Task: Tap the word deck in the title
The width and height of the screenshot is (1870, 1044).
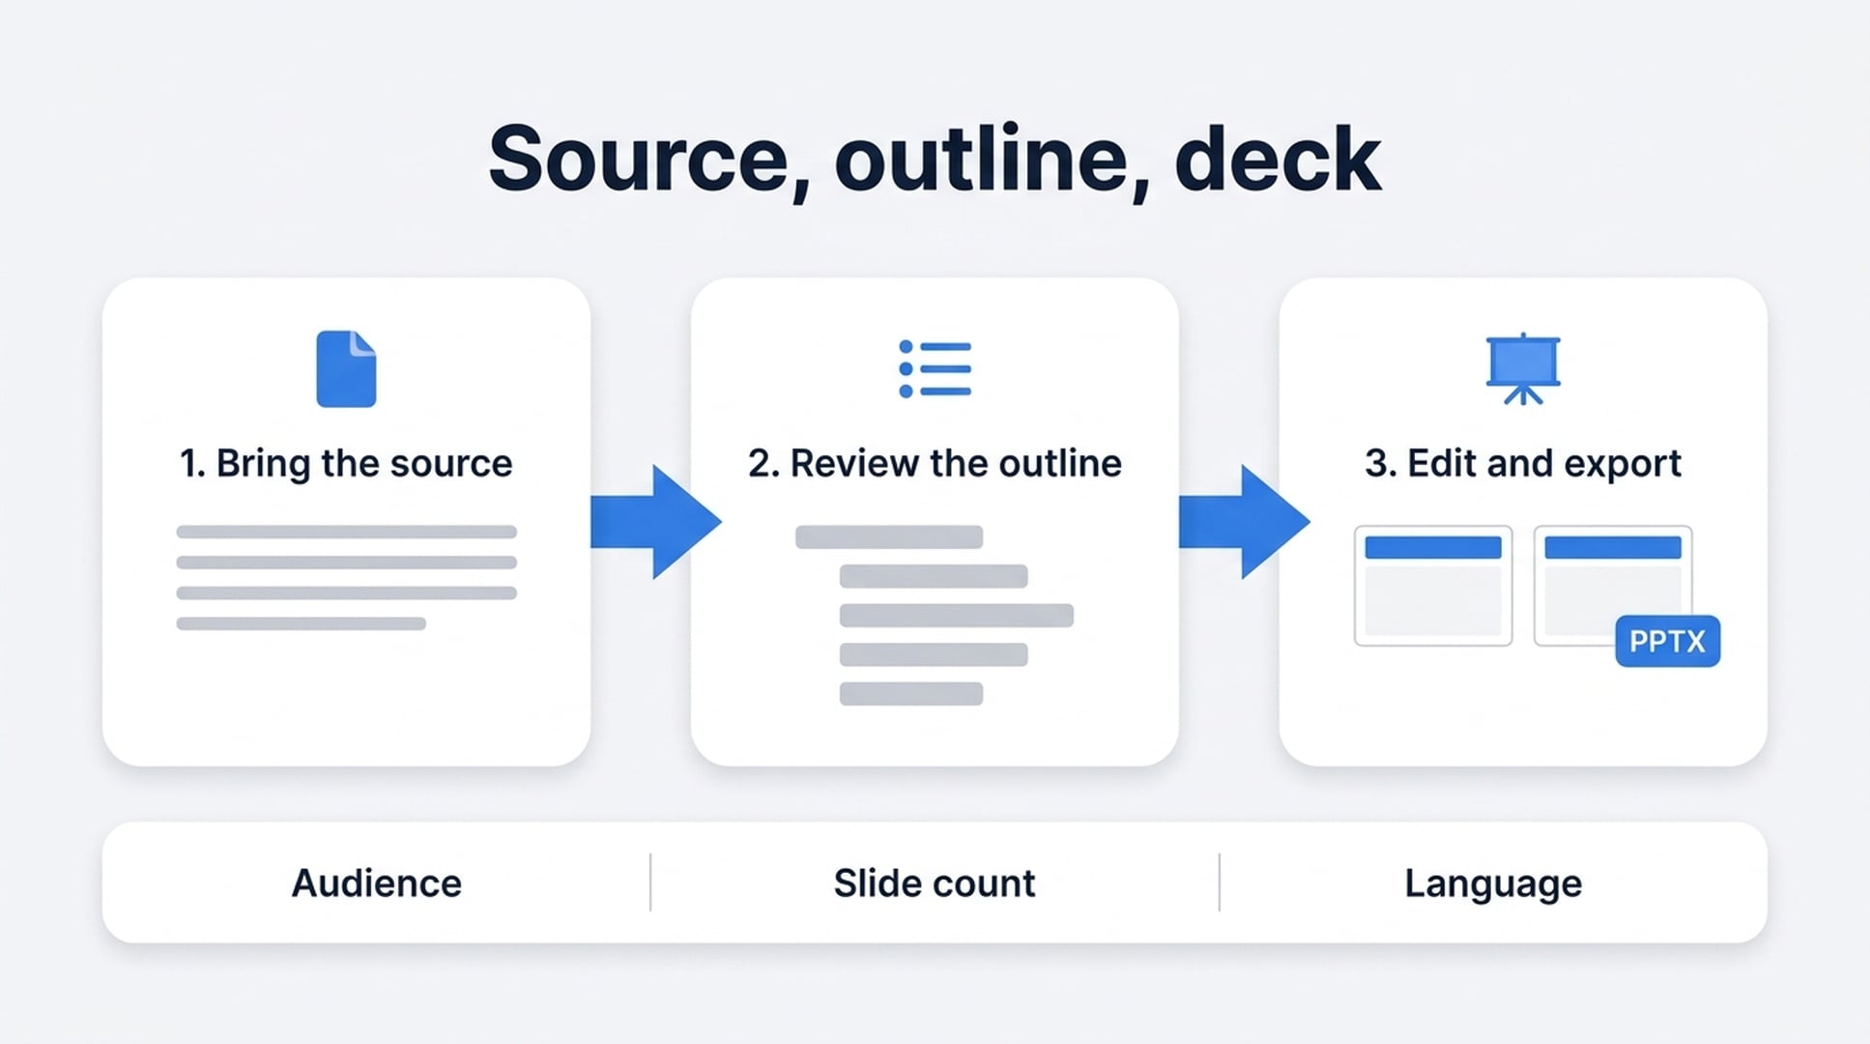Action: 1278,158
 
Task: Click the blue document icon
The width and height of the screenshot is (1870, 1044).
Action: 346,368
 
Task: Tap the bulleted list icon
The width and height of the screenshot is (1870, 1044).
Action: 935,368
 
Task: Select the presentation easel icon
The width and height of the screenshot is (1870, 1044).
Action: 1523,368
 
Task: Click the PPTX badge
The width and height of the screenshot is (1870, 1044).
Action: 1667,641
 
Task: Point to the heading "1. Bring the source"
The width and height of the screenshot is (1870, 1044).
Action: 346,464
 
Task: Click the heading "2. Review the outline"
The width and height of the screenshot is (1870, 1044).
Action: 935,464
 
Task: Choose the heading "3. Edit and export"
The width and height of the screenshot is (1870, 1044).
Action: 1523,464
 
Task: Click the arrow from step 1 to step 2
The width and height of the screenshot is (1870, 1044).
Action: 655,522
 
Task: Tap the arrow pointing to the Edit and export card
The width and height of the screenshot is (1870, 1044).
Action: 1244,522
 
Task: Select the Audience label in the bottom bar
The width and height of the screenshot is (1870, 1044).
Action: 377,884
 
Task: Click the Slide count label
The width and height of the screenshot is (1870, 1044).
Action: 935,884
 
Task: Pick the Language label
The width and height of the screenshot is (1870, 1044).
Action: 1493,884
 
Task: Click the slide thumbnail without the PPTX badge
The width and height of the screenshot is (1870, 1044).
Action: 1433,586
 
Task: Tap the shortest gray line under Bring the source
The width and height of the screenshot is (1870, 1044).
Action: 301,623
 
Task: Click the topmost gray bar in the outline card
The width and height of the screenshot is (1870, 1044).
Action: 889,536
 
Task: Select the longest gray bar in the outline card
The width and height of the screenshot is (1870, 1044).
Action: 957,615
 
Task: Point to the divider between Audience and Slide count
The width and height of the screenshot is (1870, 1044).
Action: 650,882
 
